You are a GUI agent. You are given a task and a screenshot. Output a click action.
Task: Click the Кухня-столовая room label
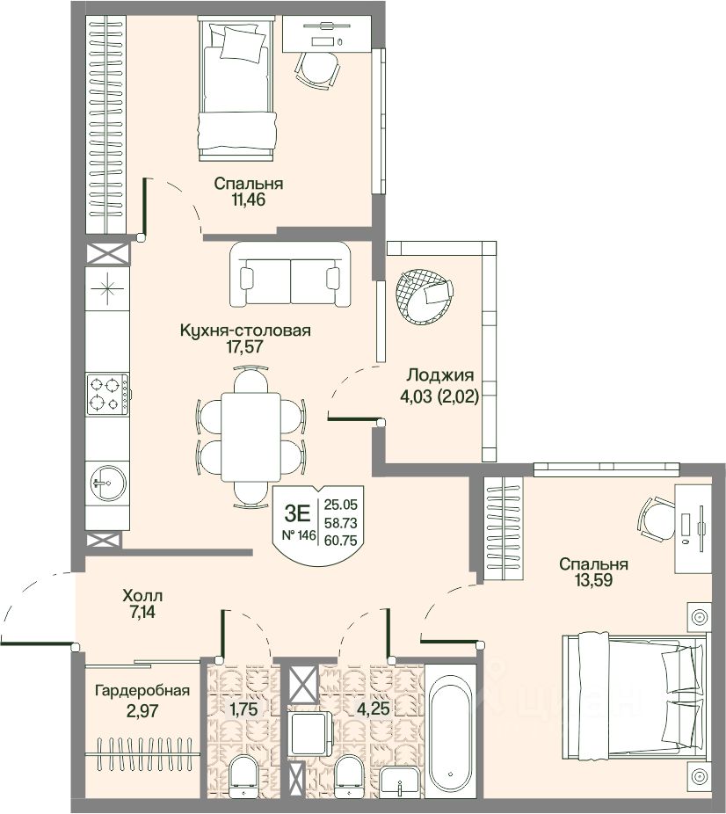click(245, 331)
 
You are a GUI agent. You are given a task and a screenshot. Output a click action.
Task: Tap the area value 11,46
click(249, 200)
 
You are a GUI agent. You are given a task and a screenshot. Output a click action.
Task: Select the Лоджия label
click(440, 375)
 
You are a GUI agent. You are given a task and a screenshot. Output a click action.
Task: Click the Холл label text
click(142, 594)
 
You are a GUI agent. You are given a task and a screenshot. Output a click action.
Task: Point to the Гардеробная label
click(142, 691)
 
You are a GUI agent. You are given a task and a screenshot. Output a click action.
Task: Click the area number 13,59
click(593, 580)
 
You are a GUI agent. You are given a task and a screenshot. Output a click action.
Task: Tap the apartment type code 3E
click(297, 513)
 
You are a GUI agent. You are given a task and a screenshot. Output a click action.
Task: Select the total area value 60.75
click(340, 541)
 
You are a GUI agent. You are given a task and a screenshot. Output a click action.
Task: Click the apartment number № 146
click(298, 535)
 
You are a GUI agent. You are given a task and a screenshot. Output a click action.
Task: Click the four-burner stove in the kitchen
click(107, 394)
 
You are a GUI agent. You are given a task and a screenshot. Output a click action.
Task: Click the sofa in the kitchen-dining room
click(290, 274)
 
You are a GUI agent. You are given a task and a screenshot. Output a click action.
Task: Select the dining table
click(251, 437)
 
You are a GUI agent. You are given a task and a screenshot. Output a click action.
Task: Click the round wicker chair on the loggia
click(424, 296)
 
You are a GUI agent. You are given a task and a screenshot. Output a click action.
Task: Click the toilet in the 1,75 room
click(243, 775)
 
